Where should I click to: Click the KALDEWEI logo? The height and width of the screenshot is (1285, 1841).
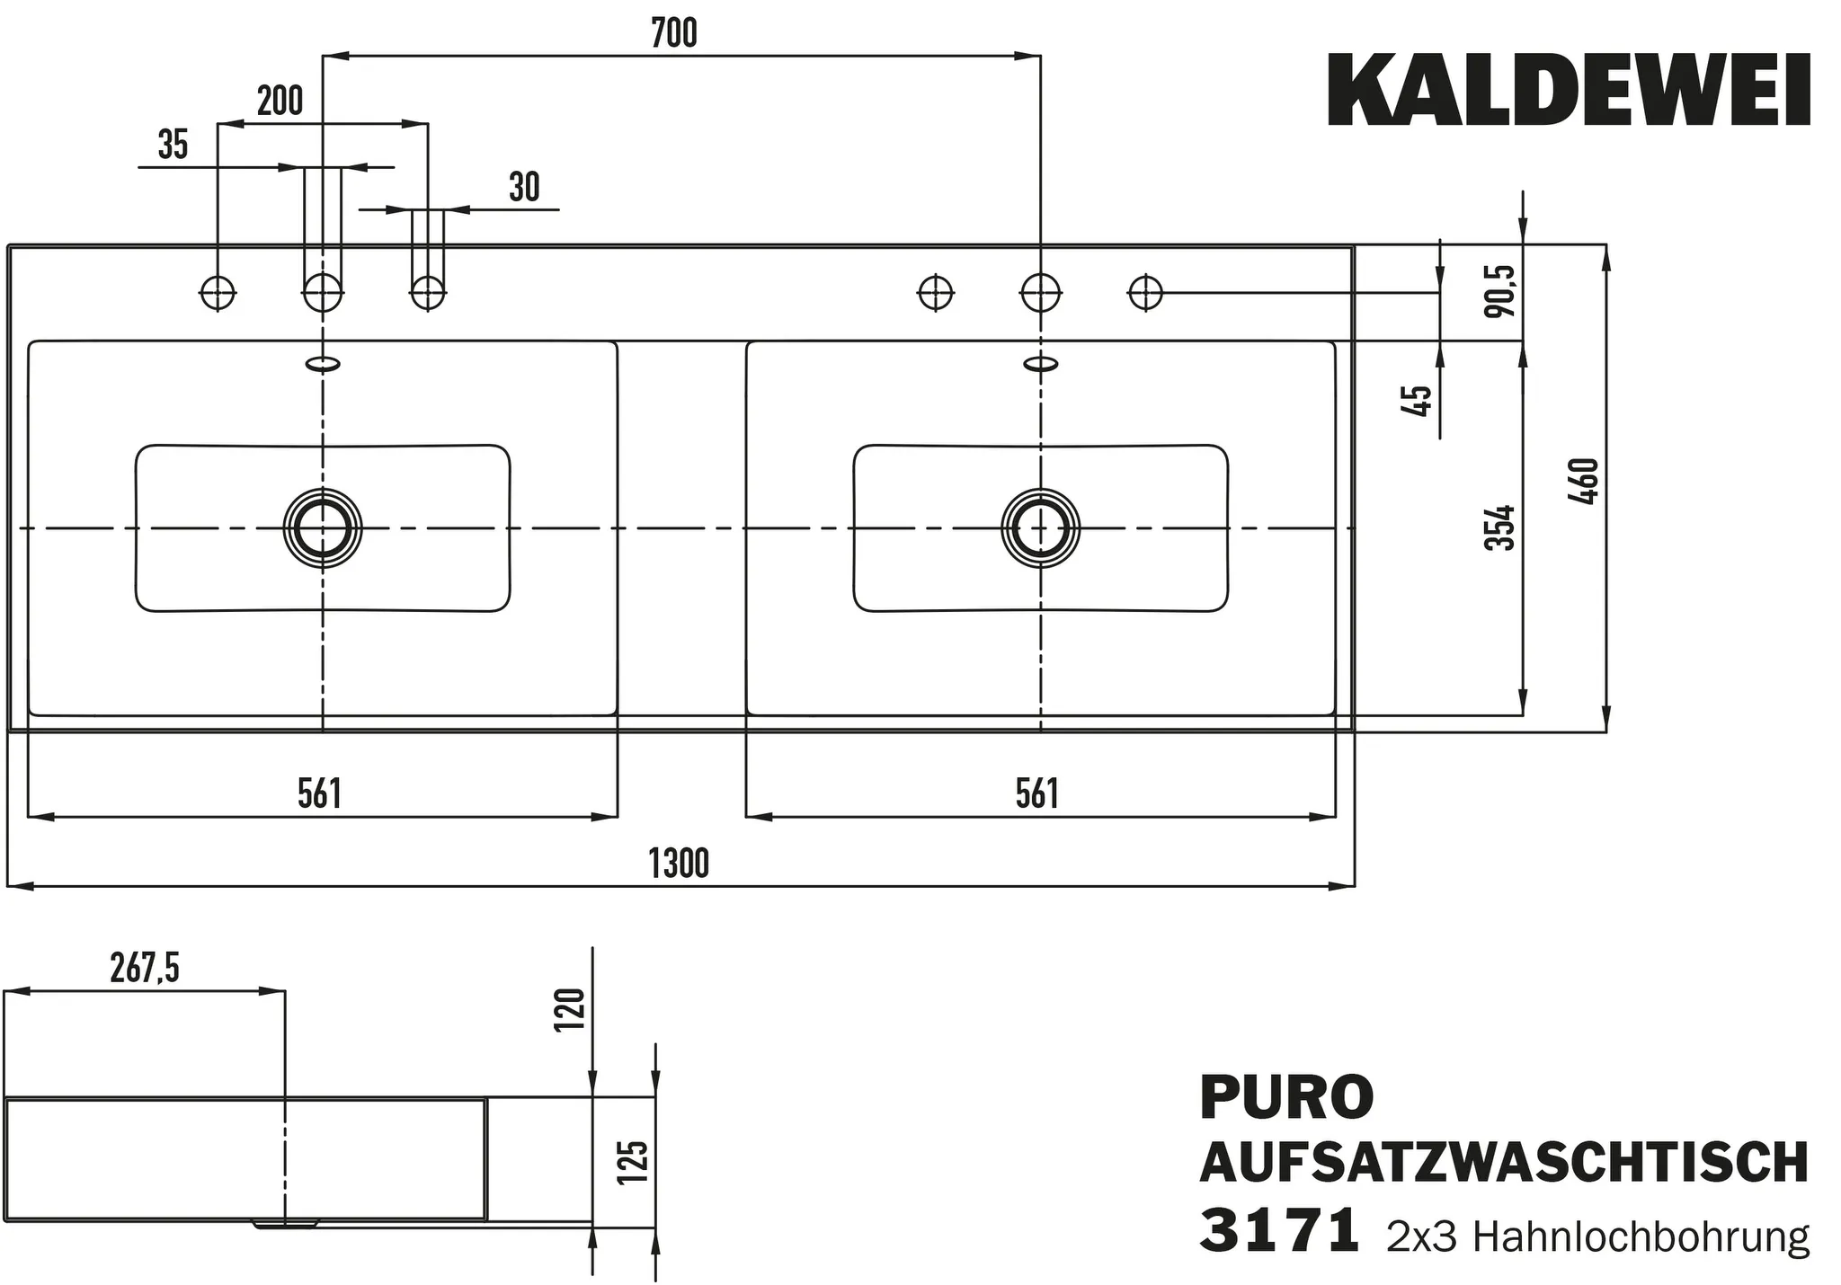click(x=1569, y=92)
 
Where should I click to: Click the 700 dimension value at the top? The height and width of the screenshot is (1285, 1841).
click(x=673, y=33)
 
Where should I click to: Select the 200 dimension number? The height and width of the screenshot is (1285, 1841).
click(x=280, y=101)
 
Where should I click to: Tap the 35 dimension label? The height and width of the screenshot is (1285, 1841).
click(x=173, y=145)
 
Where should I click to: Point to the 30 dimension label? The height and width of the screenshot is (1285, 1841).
click(x=524, y=187)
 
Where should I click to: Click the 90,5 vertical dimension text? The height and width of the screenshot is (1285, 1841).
click(x=1500, y=291)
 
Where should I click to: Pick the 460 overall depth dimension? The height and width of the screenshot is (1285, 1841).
click(x=1588, y=482)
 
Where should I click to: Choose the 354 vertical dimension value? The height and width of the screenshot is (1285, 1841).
click(x=1499, y=527)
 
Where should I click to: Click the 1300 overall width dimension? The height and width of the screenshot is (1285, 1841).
click(x=679, y=864)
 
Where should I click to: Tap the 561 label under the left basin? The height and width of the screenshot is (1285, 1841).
click(x=319, y=793)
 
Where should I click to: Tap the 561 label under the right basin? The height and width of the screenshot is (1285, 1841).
click(x=1036, y=793)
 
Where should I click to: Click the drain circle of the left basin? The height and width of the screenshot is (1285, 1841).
click(x=323, y=528)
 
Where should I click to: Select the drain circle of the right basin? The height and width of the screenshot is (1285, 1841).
click(x=1040, y=528)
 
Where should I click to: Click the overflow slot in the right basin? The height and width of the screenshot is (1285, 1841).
click(x=1041, y=363)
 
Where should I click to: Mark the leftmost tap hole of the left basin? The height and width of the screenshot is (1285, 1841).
click(x=218, y=292)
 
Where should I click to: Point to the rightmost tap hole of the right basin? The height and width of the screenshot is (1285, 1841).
click(x=1145, y=292)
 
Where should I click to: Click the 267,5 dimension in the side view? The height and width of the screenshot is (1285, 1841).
click(x=145, y=969)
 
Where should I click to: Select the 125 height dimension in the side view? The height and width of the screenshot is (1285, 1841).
click(x=634, y=1162)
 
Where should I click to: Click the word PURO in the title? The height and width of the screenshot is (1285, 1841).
click(x=1286, y=1097)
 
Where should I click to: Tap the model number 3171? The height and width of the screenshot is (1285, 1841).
click(x=1278, y=1232)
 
